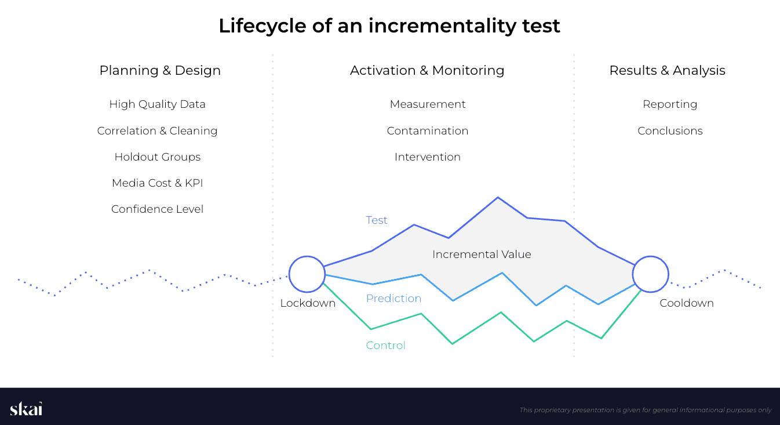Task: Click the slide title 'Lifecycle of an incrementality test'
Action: point(389,26)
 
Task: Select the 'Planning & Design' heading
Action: point(160,71)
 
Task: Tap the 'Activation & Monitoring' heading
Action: point(427,71)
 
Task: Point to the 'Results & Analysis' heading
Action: point(667,71)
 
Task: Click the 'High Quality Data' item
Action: point(157,104)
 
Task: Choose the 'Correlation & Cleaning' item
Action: point(157,131)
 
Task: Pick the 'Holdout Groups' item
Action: point(157,157)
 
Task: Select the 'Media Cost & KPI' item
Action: point(157,183)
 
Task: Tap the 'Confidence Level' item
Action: point(157,209)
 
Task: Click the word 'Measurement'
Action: point(428,104)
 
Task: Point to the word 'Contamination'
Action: point(428,131)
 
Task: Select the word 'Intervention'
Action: point(428,157)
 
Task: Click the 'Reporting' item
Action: point(670,104)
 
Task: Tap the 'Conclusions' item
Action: point(670,131)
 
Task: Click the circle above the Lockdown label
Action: point(307,274)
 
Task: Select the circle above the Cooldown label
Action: point(650,274)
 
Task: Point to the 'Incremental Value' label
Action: point(482,255)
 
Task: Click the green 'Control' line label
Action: point(385,346)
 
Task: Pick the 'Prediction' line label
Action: point(393,299)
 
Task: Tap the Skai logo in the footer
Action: point(26,409)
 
